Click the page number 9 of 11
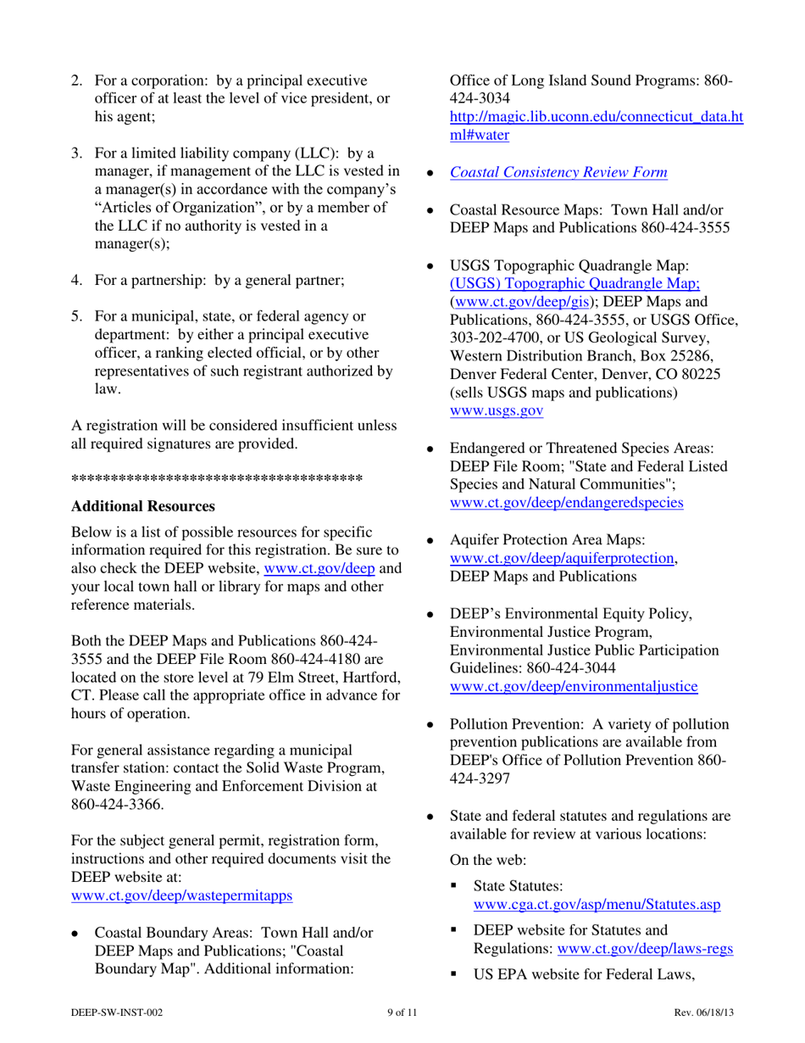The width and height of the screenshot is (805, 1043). click(x=402, y=1013)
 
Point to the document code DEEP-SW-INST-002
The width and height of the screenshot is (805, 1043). click(x=116, y=1013)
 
